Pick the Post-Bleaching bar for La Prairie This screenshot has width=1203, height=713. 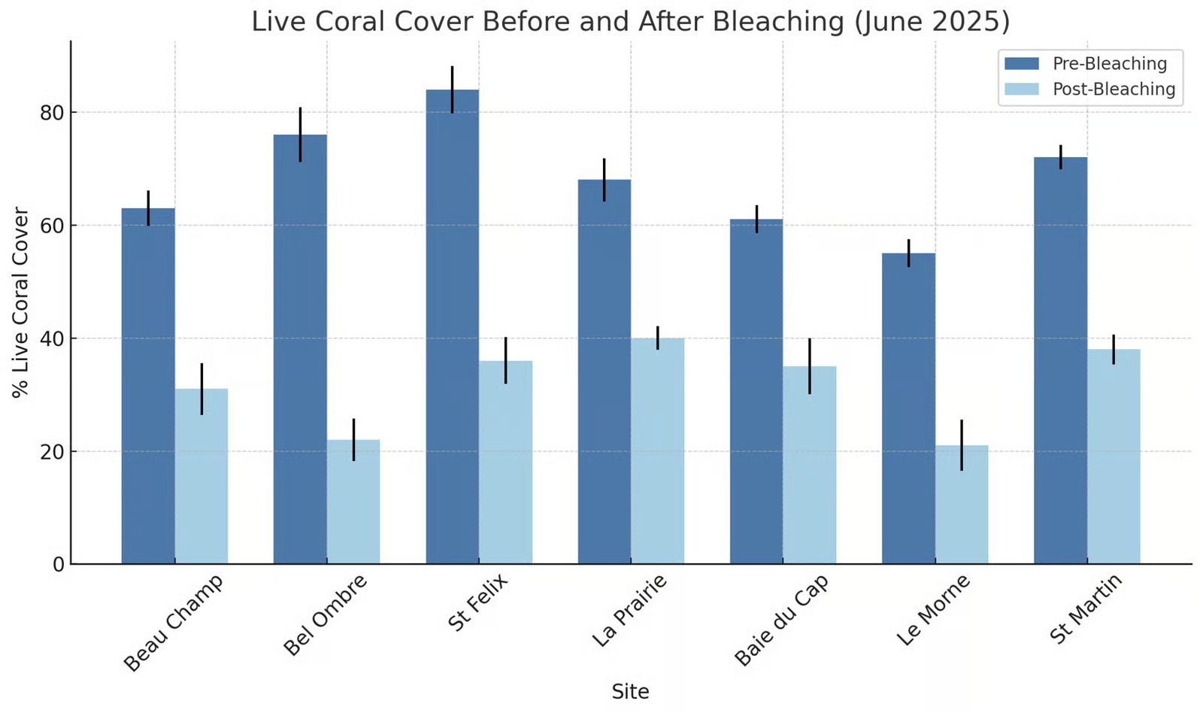click(x=657, y=451)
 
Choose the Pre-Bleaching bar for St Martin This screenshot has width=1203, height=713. click(x=1060, y=361)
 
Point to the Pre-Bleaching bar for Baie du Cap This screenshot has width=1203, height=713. click(x=756, y=391)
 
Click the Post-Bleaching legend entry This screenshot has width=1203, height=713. click(x=1090, y=90)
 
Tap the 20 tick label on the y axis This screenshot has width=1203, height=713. click(x=51, y=452)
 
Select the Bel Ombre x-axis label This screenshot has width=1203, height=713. click(x=326, y=614)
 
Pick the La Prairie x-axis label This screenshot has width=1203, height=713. click(x=629, y=611)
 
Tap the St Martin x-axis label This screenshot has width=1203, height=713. click(x=1085, y=608)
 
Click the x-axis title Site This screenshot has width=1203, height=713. click(x=630, y=691)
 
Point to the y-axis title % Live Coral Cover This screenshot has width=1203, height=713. click(x=20, y=302)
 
